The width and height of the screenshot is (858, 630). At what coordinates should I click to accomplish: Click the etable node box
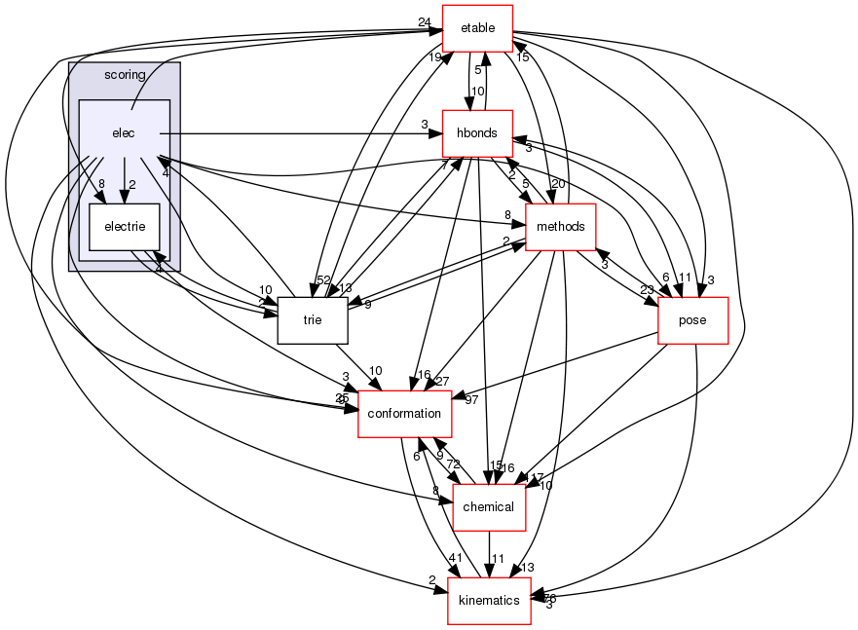tap(477, 28)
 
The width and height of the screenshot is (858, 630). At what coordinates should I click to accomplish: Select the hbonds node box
tap(477, 132)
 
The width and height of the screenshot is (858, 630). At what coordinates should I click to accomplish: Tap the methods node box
tap(560, 227)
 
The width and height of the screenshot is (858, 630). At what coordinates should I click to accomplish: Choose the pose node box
tap(693, 320)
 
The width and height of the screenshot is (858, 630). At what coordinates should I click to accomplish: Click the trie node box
tap(313, 319)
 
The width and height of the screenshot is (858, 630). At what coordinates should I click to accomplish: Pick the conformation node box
tap(405, 413)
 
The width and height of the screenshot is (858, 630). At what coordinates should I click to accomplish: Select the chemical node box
tap(488, 506)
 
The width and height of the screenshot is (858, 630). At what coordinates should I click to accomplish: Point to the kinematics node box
tap(489, 600)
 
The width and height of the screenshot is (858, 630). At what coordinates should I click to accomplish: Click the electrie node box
tap(124, 227)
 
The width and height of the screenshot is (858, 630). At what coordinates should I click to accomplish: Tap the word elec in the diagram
tap(123, 132)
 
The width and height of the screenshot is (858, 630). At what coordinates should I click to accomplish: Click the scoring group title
tap(124, 75)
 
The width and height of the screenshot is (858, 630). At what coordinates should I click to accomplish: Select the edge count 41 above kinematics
tap(455, 557)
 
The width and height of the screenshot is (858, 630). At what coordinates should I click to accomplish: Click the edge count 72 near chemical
tap(454, 465)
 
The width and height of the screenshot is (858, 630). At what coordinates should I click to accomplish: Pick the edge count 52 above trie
tap(323, 280)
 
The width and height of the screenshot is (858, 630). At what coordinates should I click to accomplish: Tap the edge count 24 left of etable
tap(424, 22)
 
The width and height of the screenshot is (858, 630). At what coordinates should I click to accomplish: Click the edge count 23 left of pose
tap(648, 288)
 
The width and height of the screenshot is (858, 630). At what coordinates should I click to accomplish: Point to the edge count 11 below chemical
tap(497, 559)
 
